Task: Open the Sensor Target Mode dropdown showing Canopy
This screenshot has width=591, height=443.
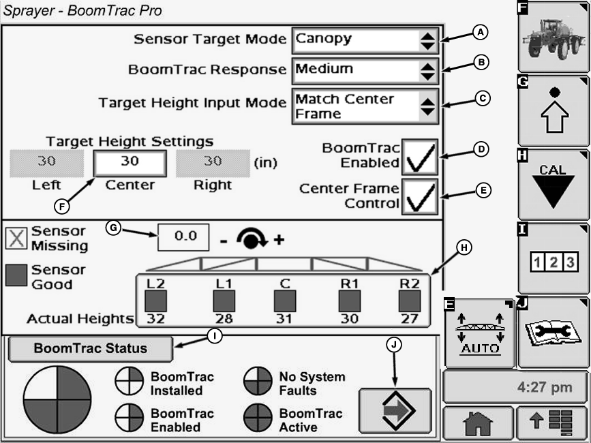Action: pyautogui.click(x=365, y=41)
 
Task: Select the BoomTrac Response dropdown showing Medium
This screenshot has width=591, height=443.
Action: pyautogui.click(x=365, y=70)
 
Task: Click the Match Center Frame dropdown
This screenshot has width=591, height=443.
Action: pyautogui.click(x=365, y=107)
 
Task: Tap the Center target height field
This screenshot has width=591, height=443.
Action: pyautogui.click(x=130, y=164)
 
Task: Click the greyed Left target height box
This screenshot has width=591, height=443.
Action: pyautogui.click(x=47, y=164)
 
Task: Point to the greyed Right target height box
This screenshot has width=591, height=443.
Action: pyautogui.click(x=212, y=164)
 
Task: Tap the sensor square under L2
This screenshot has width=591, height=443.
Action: pyautogui.click(x=155, y=301)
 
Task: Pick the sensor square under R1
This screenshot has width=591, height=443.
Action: pyautogui.click(x=350, y=301)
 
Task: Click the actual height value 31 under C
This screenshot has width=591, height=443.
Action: pyautogui.click(x=284, y=318)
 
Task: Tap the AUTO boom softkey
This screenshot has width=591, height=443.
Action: pyautogui.click(x=480, y=333)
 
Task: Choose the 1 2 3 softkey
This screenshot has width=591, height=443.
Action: pyautogui.click(x=553, y=260)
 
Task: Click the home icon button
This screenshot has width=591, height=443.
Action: pyautogui.click(x=478, y=424)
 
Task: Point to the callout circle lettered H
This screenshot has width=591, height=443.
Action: pyautogui.click(x=464, y=247)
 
